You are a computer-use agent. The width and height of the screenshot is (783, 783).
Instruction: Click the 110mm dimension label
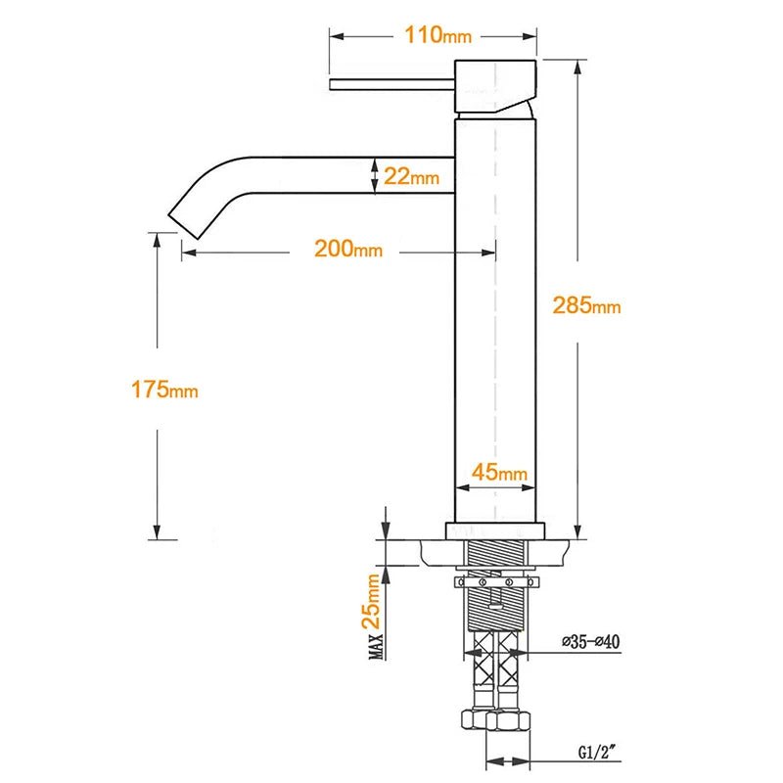(438, 36)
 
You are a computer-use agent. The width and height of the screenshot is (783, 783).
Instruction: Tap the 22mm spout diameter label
(410, 177)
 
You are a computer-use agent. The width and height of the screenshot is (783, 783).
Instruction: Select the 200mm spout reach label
(347, 249)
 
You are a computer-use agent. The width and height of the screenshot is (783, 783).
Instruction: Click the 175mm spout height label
(164, 390)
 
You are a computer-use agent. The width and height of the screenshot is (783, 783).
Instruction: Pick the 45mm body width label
(499, 474)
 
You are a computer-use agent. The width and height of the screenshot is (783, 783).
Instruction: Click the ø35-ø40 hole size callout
(590, 642)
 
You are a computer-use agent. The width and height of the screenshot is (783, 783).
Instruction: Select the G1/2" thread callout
(596, 755)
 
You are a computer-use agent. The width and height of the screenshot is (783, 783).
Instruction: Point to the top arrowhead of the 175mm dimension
(156, 238)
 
